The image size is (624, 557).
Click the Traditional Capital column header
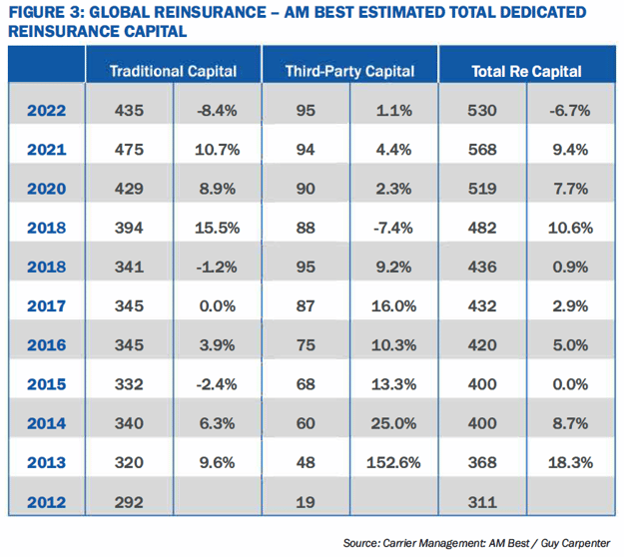pyautogui.click(x=173, y=71)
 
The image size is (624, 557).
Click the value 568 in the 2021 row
pyautogui.click(x=483, y=149)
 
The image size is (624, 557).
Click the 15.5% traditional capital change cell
pyautogui.click(x=217, y=228)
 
